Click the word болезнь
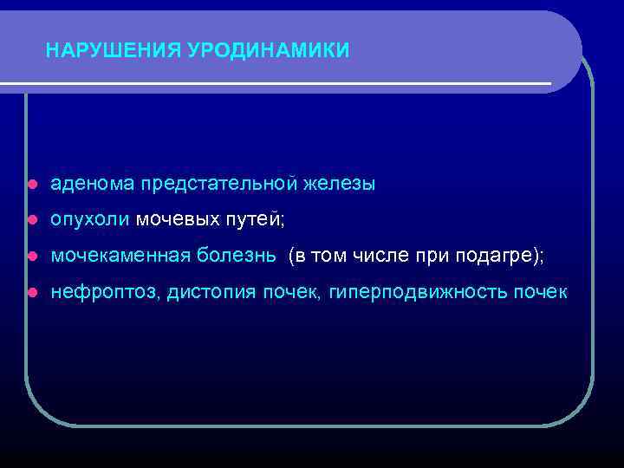click(237, 257)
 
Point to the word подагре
click(506, 257)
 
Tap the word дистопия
click(211, 293)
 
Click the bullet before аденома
click(31, 185)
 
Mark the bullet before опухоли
click(31, 221)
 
